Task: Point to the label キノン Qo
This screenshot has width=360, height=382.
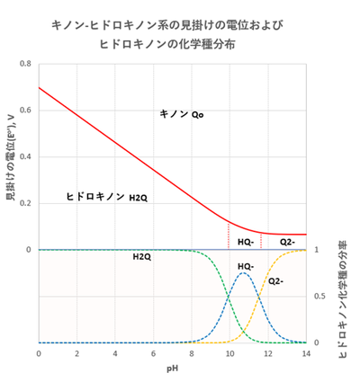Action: [x=181, y=114]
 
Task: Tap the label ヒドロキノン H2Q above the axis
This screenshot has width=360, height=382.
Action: [x=106, y=196]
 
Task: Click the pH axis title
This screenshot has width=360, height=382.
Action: [x=172, y=368]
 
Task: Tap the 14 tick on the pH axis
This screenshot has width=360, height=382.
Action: [x=306, y=354]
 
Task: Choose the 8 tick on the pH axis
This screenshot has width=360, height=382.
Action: [x=191, y=354]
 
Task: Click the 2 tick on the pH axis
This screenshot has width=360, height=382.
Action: [x=76, y=354]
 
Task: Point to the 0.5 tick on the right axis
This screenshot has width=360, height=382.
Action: [x=316, y=296]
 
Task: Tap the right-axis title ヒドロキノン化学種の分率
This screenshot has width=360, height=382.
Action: [x=345, y=297]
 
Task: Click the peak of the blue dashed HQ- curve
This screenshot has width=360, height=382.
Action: [x=243, y=272]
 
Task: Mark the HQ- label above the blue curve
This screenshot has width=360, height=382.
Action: [x=246, y=266]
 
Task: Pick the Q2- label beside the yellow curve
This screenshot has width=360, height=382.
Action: [x=277, y=281]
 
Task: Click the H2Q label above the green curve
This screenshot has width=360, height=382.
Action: [x=141, y=257]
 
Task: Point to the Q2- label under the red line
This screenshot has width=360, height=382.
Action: [x=287, y=242]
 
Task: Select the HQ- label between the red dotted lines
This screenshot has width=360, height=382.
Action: [x=245, y=242]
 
